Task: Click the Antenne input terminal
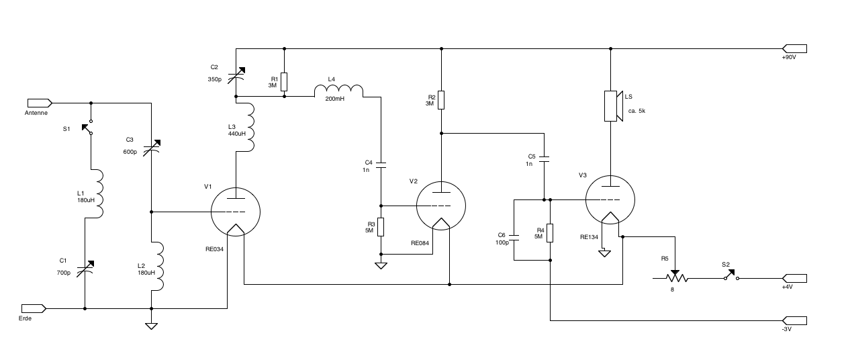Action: click(40, 103)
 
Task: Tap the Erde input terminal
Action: click(34, 308)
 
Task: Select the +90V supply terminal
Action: click(794, 48)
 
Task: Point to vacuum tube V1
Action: click(235, 212)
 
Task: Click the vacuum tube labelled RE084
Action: click(441, 205)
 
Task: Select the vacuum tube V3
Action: click(610, 199)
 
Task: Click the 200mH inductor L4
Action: click(339, 91)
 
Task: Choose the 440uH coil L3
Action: click(250, 127)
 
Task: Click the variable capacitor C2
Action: click(235, 75)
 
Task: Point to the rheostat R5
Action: click(674, 277)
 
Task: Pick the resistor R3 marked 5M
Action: click(381, 227)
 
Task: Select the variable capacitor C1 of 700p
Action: click(85, 270)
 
